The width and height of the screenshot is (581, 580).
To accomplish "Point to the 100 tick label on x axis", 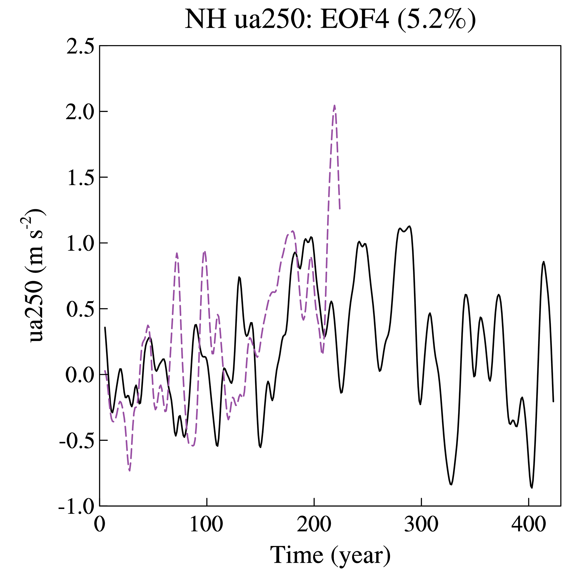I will pyautogui.click(x=207, y=524).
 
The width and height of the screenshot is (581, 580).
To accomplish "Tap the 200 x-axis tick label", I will pyautogui.click(x=314, y=524).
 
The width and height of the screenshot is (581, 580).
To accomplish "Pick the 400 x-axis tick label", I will pyautogui.click(x=528, y=524).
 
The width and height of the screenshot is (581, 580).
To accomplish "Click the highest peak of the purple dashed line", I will pyautogui.click(x=334, y=106).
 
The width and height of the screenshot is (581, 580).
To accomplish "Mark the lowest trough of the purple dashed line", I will pyautogui.click(x=130, y=471).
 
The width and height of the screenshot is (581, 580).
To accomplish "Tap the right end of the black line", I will pyautogui.click(x=553, y=402).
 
